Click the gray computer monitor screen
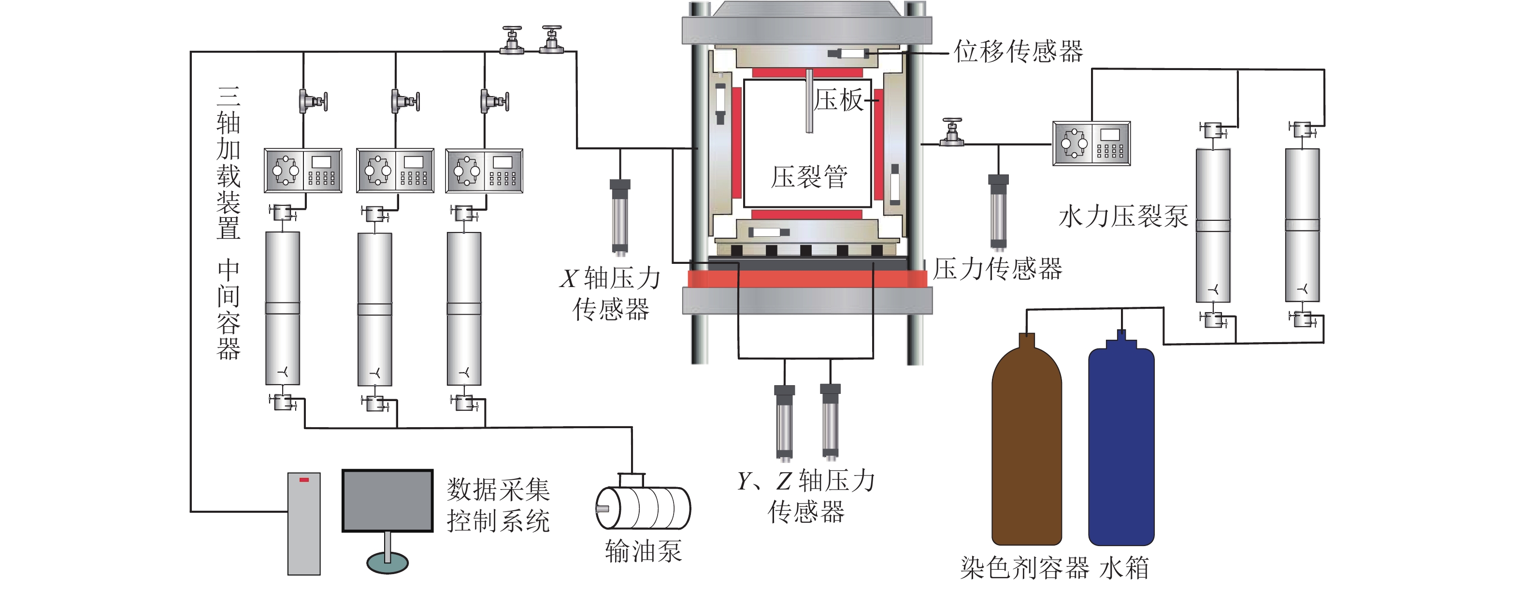pyautogui.click(x=388, y=501)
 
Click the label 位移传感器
pyautogui.click(x=1019, y=51)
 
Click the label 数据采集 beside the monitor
pyautogui.click(x=498, y=490)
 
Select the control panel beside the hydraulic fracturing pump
pyautogui.click(x=1091, y=144)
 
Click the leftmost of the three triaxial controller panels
pyautogui.click(x=302, y=171)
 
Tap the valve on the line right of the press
pyautogui.click(x=951, y=132)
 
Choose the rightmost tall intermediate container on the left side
pyautogui.click(x=464, y=308)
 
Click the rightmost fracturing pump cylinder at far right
pyautogui.click(x=1302, y=225)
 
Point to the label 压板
pyautogui.click(x=838, y=100)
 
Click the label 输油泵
pyautogui.click(x=643, y=551)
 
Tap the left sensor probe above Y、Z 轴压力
pyautogui.click(x=785, y=422)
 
